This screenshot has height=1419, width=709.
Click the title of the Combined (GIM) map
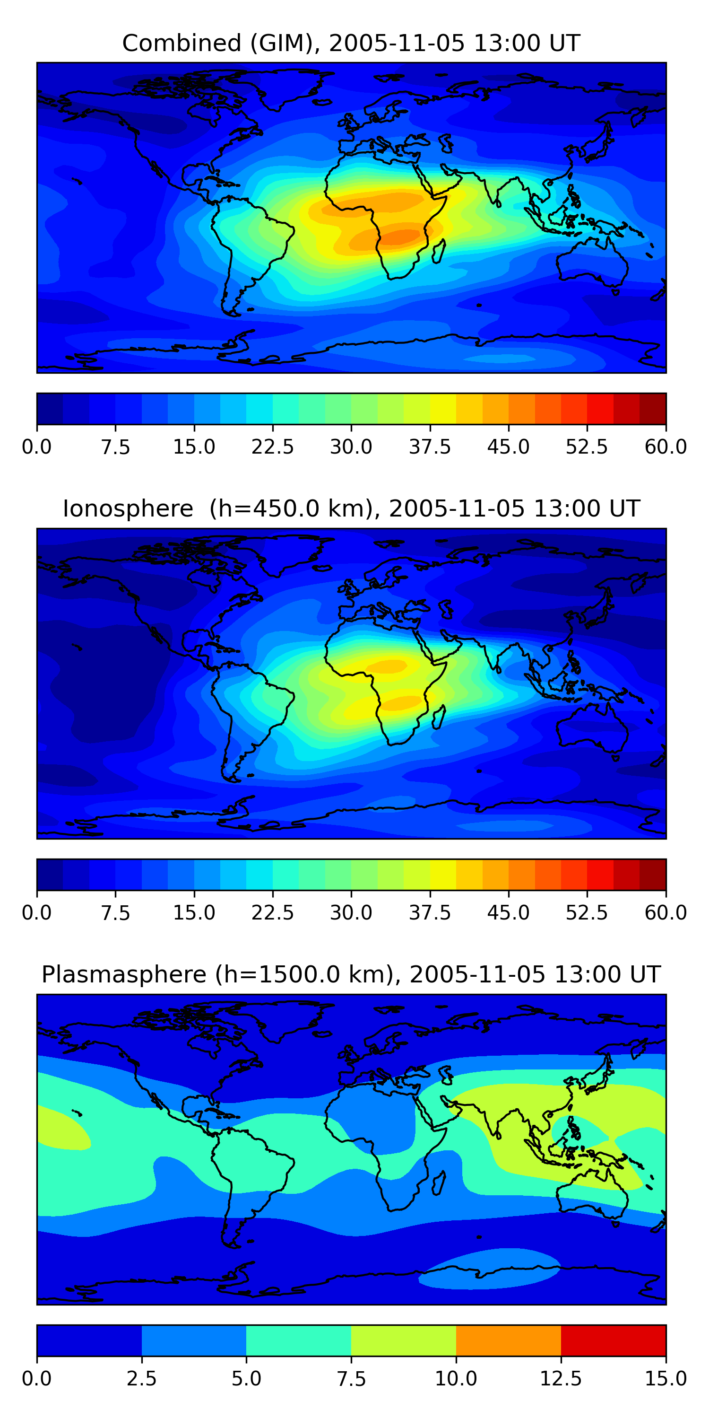351,43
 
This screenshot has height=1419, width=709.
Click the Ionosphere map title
351,508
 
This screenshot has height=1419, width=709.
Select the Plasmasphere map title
351,974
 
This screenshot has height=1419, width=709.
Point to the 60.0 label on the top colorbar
666,447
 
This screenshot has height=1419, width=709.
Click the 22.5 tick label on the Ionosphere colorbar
272,913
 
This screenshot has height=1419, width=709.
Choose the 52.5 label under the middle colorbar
586,913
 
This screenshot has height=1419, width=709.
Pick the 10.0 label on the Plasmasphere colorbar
456,1379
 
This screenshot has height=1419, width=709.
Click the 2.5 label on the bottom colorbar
141,1379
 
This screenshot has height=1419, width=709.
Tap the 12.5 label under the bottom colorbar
561,1379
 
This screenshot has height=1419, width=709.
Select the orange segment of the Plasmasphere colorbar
508,1340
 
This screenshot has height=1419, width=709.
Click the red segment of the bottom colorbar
613,1340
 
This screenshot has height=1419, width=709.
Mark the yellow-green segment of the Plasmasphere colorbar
404,1340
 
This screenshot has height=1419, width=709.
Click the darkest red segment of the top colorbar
652,409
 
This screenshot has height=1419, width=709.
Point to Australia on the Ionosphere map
592,727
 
